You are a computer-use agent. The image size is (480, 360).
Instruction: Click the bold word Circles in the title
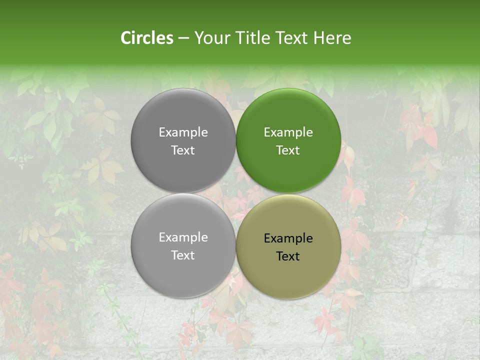pos(146,38)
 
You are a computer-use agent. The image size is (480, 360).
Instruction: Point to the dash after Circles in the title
pos(183,38)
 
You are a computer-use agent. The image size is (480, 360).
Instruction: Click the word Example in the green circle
pos(288,132)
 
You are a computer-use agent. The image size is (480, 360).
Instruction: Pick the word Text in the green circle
pos(288,150)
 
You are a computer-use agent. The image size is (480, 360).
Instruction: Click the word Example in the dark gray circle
pos(183,132)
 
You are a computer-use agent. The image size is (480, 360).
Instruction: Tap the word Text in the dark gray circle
pos(183,150)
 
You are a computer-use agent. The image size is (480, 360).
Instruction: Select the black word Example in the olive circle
pos(288,238)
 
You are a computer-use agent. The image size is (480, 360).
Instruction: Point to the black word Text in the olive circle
pos(288,256)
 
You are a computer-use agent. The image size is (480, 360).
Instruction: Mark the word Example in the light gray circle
pos(183,237)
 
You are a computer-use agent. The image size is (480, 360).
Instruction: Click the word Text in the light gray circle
pos(183,255)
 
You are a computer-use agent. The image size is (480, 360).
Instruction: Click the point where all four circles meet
pos(236,193)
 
